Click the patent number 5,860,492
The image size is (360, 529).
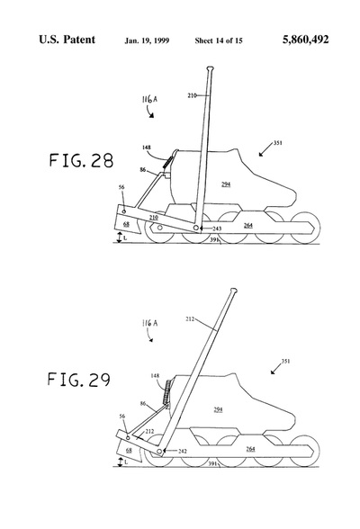pos(305,40)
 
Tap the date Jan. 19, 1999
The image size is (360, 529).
pos(147,40)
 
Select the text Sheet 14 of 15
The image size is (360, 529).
pos(219,40)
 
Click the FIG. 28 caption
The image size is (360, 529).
pos(81,160)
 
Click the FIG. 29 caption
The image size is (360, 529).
pos(79,380)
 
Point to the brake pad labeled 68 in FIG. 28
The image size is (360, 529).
pos(129,223)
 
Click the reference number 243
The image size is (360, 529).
pos(217,229)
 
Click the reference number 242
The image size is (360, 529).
pos(182,451)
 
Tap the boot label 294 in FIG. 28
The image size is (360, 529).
pos(226,184)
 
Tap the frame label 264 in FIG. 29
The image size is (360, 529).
pos(250,449)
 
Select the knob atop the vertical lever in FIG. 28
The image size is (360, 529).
pos(210,68)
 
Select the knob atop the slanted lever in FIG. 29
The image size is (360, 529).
pos(233,290)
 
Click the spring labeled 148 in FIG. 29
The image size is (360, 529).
pos(166,391)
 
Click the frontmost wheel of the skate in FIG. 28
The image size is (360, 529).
pos(305,228)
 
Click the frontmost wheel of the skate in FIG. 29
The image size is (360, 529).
pos(305,452)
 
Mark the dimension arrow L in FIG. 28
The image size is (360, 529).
pos(119,238)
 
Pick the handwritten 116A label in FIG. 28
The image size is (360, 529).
pos(149,99)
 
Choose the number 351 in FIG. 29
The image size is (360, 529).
pos(285,361)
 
